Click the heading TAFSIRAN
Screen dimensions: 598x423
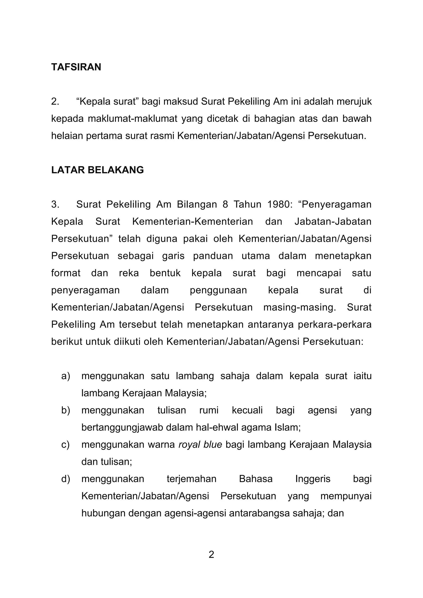76,67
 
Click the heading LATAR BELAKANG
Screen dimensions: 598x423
97,170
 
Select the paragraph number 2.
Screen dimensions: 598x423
55,102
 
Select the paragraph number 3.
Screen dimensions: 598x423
55,204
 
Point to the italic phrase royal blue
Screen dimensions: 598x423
200,445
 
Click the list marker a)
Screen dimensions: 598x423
66,376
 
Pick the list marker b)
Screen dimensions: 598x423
66,410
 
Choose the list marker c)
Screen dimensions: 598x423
65,445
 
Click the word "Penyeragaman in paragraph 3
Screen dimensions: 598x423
336,204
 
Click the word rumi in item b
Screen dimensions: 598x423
209,410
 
